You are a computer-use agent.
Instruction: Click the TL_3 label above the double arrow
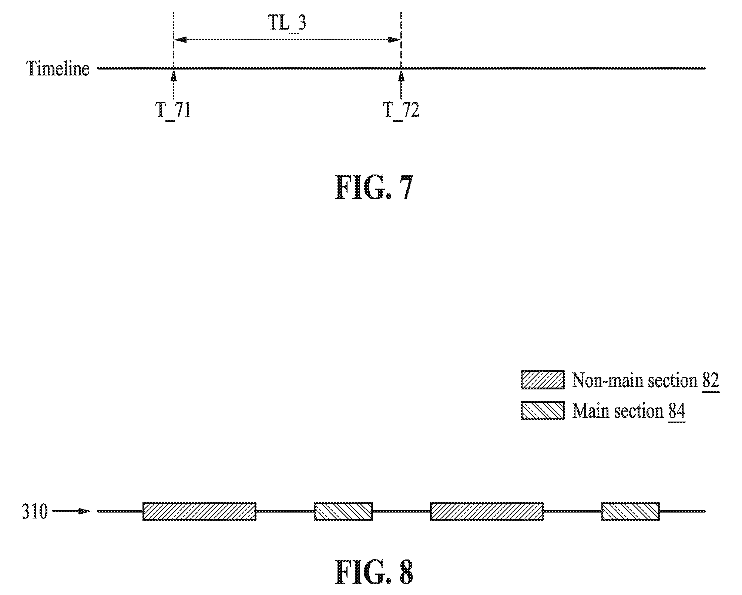(x=287, y=24)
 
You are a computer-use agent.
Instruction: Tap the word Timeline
(x=58, y=68)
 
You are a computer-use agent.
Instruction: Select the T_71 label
(x=173, y=110)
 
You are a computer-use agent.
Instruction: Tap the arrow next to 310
(x=71, y=511)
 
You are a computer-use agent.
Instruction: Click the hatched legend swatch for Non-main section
(x=543, y=380)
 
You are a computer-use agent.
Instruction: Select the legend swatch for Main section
(x=543, y=410)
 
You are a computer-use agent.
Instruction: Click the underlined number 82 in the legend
(x=711, y=381)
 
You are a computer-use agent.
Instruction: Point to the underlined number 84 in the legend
(x=677, y=412)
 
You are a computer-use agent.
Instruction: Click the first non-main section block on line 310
(x=199, y=511)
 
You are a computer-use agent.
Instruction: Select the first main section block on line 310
(x=343, y=511)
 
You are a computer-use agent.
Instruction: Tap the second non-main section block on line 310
(x=487, y=511)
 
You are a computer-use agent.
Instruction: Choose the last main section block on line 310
(x=631, y=511)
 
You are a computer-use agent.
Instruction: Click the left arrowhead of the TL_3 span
(x=179, y=40)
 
